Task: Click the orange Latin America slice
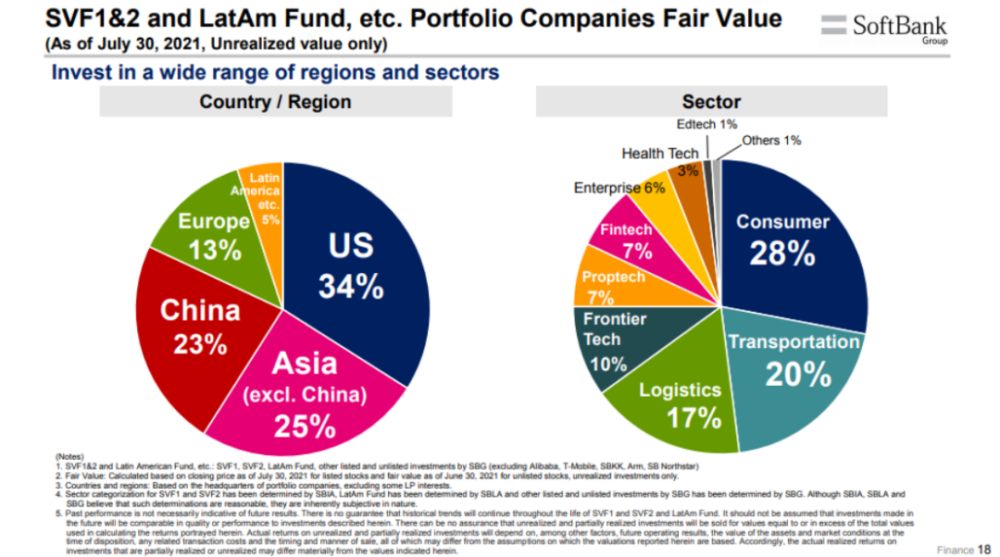(262, 198)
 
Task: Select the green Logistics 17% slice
(681, 402)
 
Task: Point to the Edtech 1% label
(706, 124)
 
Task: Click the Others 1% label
(771, 141)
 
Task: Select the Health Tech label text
(660, 154)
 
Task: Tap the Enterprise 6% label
(619, 188)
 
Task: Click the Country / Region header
(275, 102)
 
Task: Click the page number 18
(984, 549)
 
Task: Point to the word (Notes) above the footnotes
(69, 456)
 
